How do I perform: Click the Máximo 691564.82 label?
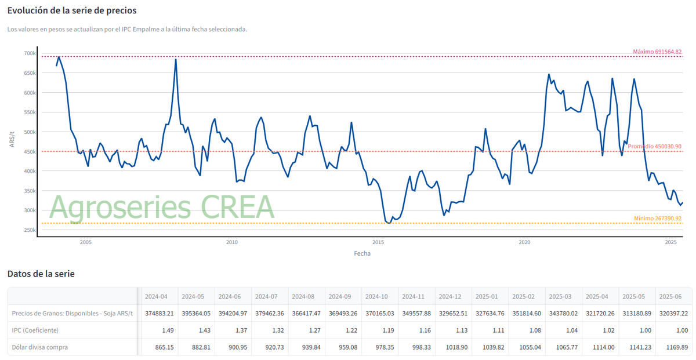(x=657, y=52)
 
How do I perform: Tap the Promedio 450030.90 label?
(x=654, y=147)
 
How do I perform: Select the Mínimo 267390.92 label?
(x=657, y=219)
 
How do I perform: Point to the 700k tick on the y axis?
(x=30, y=53)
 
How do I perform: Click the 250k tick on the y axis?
(x=30, y=230)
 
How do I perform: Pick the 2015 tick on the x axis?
(x=378, y=242)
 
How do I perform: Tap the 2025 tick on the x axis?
(x=670, y=242)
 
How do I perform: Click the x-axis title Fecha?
(x=362, y=253)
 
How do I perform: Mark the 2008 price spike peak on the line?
(x=176, y=60)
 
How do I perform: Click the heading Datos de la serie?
(x=41, y=274)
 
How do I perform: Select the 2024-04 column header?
(x=156, y=296)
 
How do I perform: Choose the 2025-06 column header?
(x=670, y=296)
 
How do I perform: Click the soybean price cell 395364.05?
(x=195, y=313)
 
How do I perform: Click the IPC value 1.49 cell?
(x=167, y=330)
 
